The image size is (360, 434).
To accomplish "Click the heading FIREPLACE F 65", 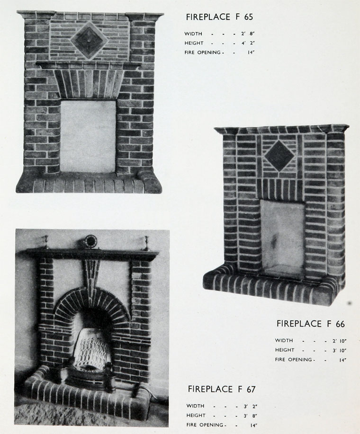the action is (x=219, y=17).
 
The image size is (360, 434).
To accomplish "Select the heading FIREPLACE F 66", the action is (x=310, y=324).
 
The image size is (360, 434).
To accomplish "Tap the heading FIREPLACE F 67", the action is (x=222, y=389).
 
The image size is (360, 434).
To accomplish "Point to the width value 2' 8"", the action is (x=248, y=34).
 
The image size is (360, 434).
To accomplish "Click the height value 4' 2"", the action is (x=248, y=43).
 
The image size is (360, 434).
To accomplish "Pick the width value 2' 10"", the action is (x=340, y=341).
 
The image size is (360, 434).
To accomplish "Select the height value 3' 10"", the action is (x=340, y=350).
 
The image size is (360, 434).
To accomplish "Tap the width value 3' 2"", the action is (x=251, y=407).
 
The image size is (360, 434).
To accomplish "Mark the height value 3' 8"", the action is (x=251, y=416).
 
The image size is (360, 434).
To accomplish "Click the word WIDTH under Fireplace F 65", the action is (x=193, y=34).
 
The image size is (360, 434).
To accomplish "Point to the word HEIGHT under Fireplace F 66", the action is (x=285, y=350).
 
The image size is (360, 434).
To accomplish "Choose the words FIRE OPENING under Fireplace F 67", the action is (x=205, y=425).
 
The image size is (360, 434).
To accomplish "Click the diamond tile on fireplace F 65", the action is (x=89, y=41).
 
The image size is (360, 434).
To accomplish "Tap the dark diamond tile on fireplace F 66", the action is (x=279, y=156).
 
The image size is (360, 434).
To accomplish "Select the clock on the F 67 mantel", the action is (x=90, y=241).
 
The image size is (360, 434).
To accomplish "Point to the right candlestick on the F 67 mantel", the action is (x=146, y=243).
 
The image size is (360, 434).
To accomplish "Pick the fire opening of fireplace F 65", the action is (x=88, y=136).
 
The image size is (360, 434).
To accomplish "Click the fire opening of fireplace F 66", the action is (x=282, y=239).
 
